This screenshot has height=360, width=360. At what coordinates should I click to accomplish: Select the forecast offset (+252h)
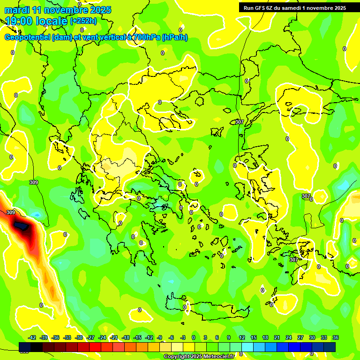coord(83,21)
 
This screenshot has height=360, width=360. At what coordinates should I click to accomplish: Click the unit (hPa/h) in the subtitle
coord(174,37)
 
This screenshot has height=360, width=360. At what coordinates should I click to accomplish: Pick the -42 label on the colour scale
coord(32,337)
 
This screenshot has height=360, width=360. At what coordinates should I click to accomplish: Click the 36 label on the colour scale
coord(336,337)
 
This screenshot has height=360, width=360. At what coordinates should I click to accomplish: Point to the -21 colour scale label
coord(114,337)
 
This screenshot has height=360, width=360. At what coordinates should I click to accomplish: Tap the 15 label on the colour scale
coord(254,337)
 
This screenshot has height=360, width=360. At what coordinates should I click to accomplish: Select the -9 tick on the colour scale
coord(160,337)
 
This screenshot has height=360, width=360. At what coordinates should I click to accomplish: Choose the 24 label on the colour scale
coord(289,337)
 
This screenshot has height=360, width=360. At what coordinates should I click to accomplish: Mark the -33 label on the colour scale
coord(67,337)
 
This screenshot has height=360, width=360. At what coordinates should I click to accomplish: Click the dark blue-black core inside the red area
coord(21,227)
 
